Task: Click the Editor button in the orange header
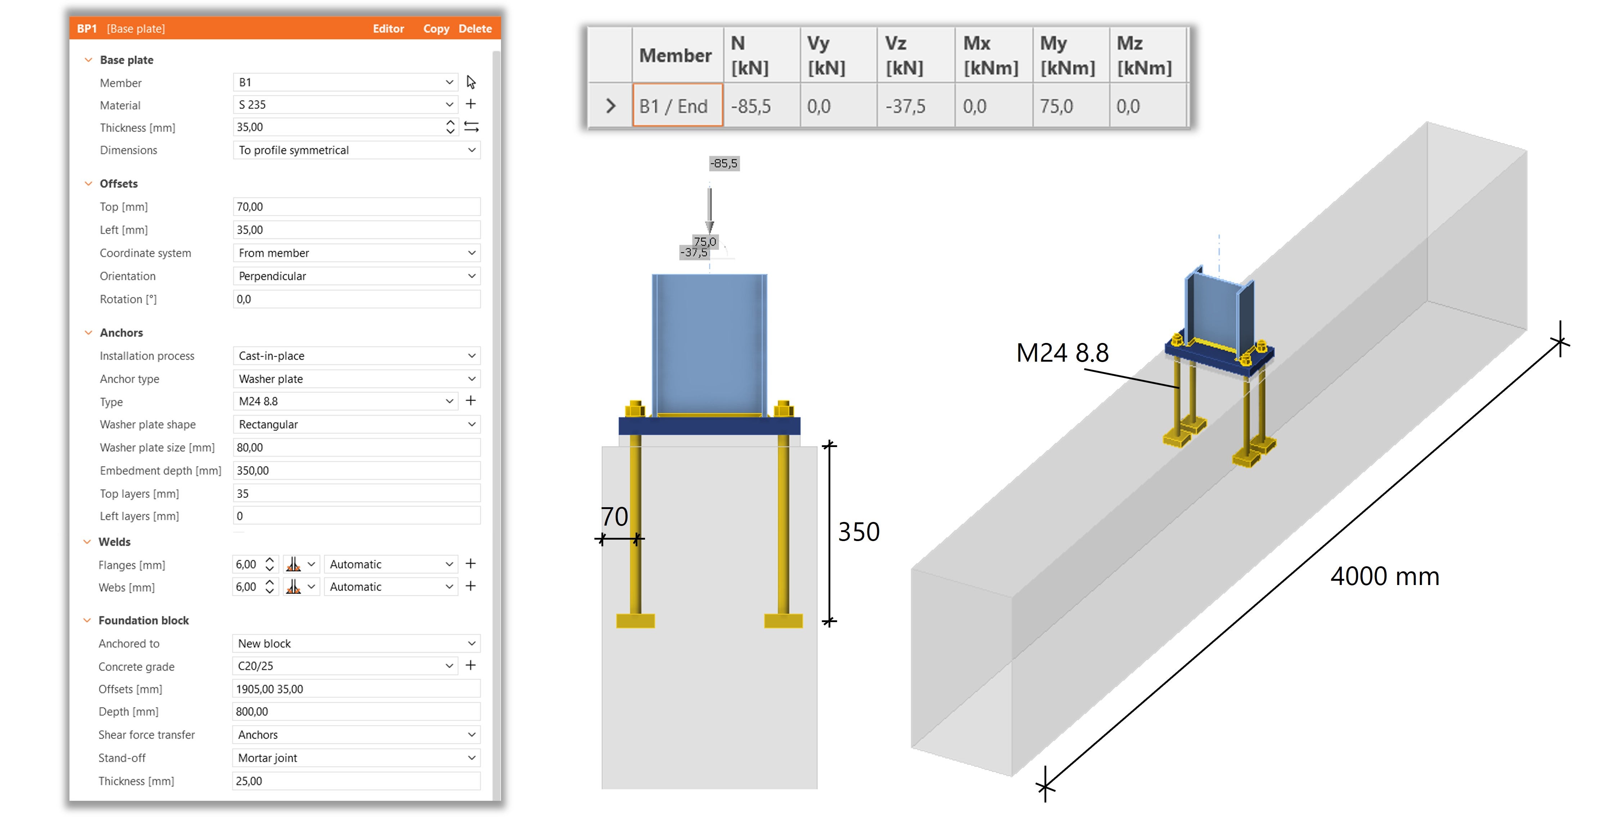pos(388,28)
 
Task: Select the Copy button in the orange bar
pos(436,28)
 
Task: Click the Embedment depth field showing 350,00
pos(356,470)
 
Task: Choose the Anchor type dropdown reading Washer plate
pos(356,379)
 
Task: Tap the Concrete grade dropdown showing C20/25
pos(345,666)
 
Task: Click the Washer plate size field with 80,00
pos(356,447)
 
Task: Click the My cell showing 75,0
pos(1071,106)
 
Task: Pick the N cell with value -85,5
pos(762,106)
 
